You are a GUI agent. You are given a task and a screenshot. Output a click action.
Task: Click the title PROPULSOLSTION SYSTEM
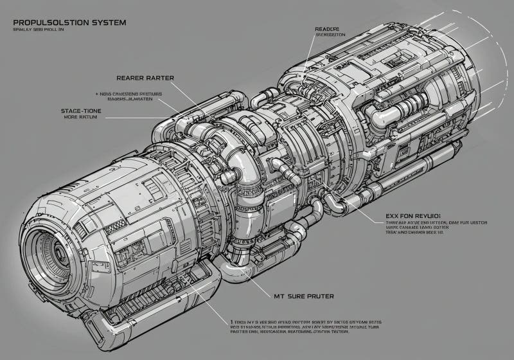point(69,22)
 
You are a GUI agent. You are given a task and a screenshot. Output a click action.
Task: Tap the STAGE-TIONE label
point(81,111)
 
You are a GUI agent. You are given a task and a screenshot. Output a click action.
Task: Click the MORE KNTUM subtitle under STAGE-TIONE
point(80,119)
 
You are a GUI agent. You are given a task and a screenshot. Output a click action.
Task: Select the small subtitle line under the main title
point(39,30)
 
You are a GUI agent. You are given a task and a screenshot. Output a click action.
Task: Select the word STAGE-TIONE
point(81,111)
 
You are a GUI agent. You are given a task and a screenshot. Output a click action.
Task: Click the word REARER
point(129,78)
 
